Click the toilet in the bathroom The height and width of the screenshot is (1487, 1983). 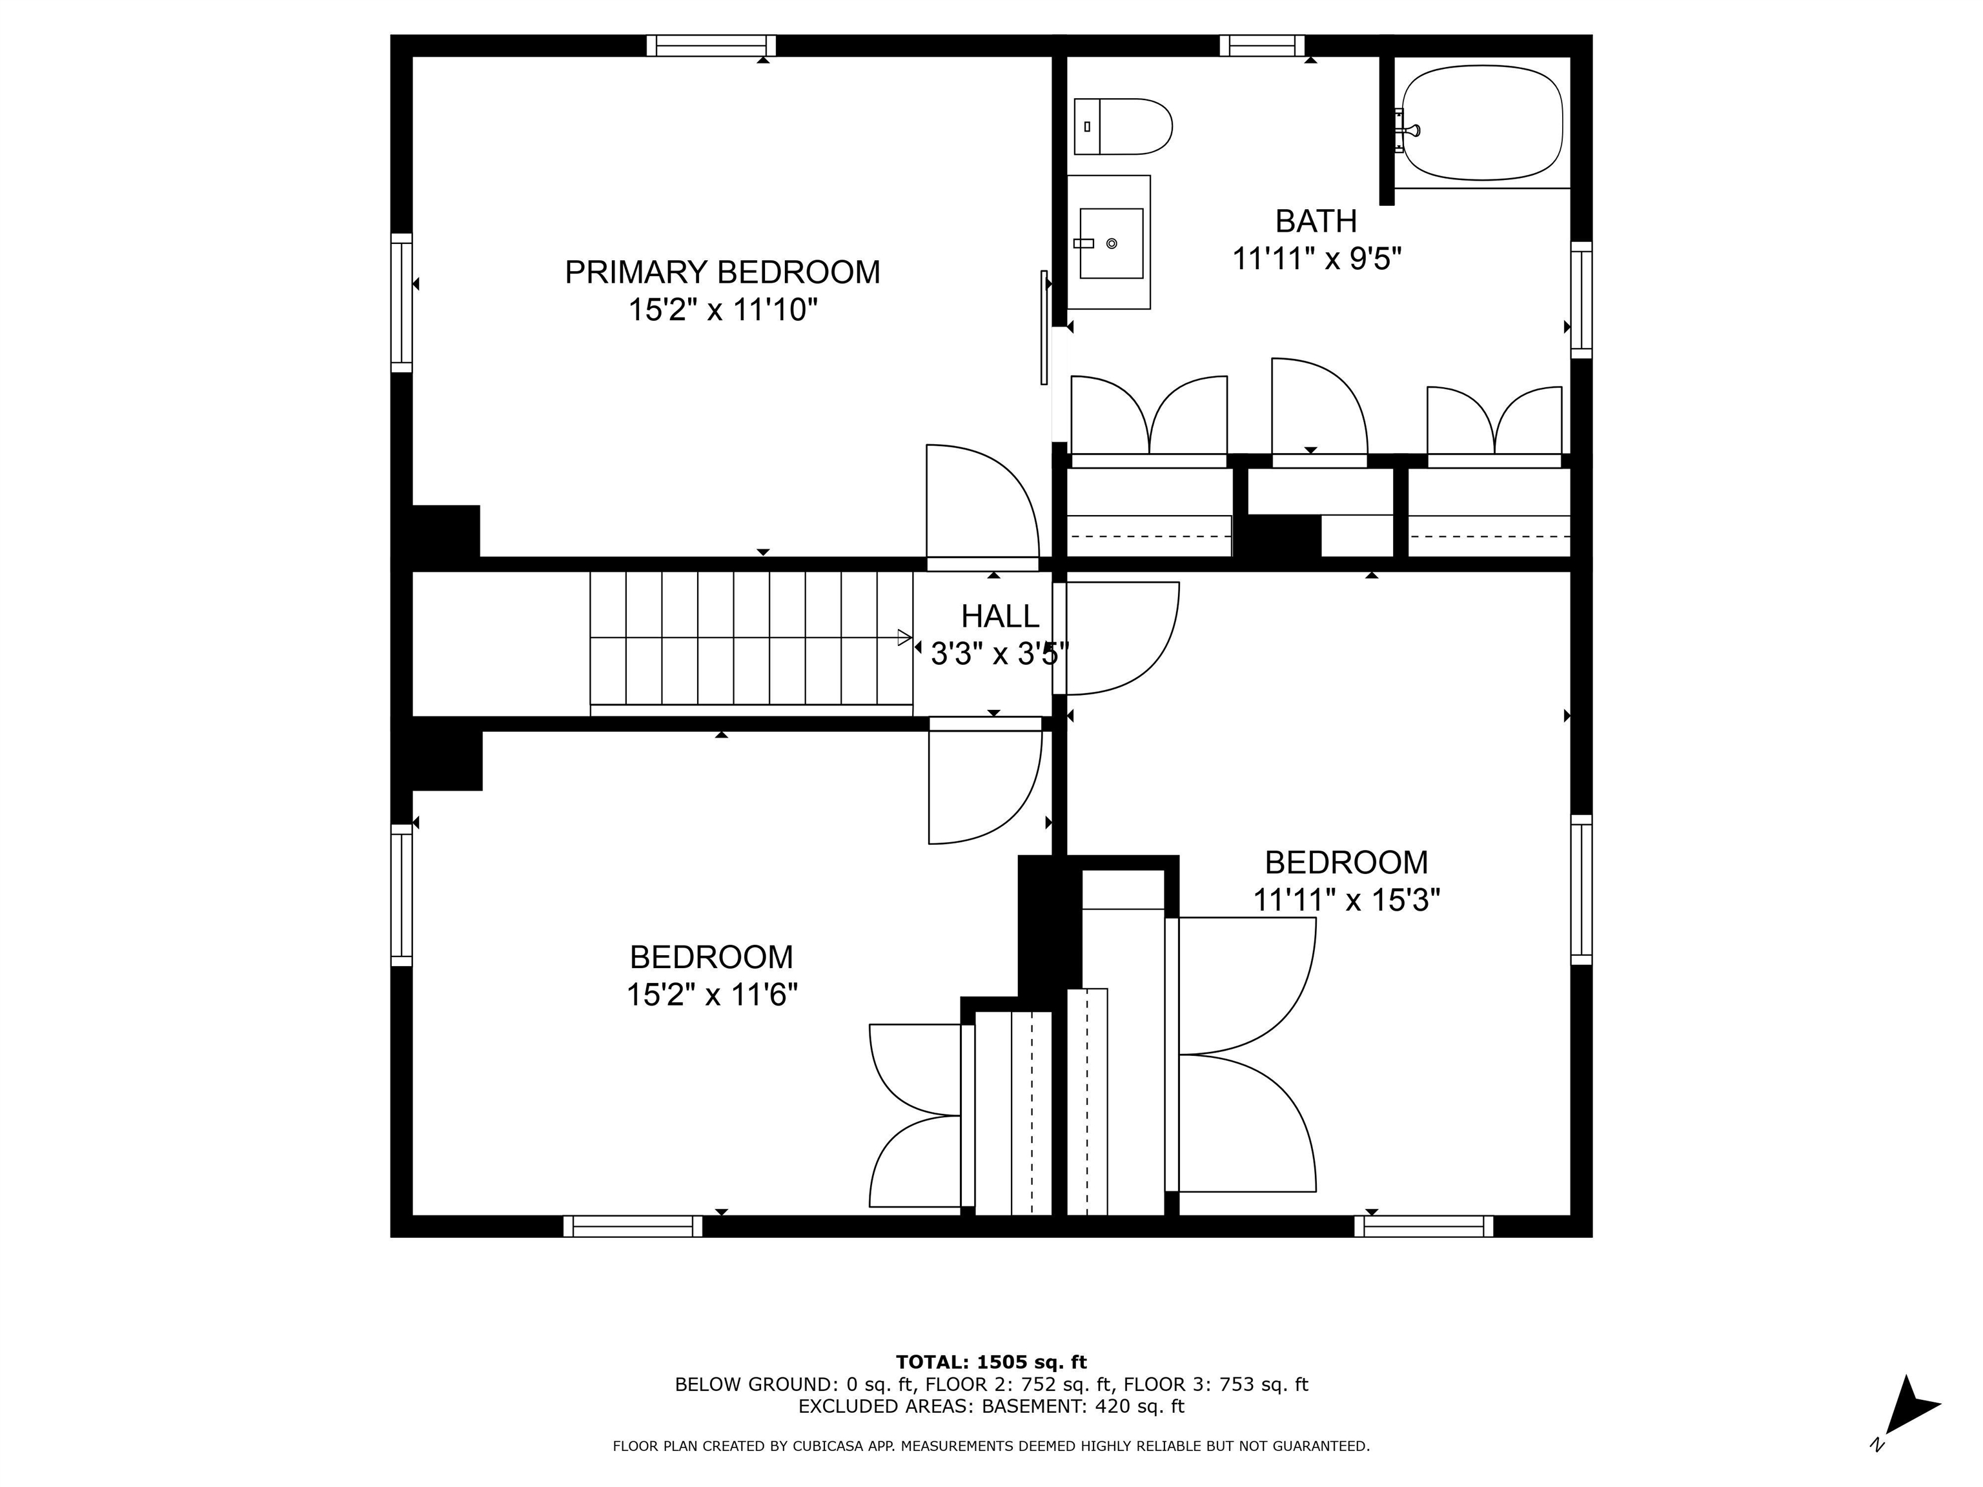coord(1123,126)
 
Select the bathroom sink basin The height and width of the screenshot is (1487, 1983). coord(1111,243)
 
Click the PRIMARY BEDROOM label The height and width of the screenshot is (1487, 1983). coord(722,272)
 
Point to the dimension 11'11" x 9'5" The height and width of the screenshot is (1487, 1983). coord(1316,259)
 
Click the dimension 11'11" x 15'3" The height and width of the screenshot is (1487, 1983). coord(1346,900)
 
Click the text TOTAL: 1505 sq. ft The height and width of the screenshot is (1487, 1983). coord(991,1362)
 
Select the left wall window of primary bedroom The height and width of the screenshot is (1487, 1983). coord(402,303)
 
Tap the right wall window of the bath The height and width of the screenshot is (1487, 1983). coord(1581,299)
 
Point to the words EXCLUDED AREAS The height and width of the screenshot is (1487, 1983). coord(884,1406)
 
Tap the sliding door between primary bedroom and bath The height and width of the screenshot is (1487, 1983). coord(1044,327)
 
